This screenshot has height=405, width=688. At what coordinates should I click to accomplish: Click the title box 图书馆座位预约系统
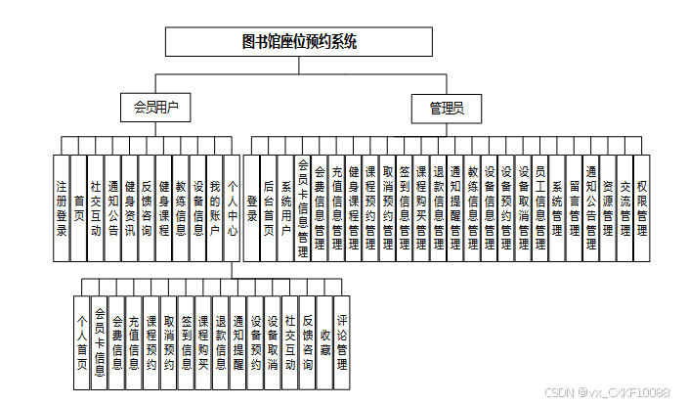coord(298,41)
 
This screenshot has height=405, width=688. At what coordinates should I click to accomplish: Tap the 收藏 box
coord(323,337)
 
